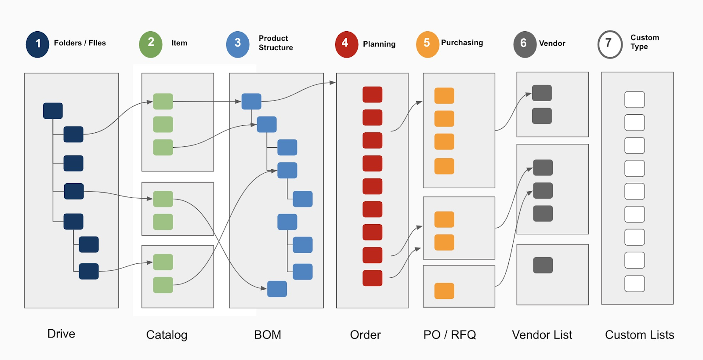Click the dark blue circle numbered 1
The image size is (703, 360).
pos(37,44)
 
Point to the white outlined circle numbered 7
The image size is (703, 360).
pos(610,44)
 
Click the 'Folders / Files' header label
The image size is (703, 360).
pos(80,43)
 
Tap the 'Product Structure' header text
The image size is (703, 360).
pos(275,43)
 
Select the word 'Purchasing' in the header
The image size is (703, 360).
pos(462,43)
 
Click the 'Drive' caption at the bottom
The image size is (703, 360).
pos(61,334)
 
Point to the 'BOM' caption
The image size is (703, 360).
pos(268,335)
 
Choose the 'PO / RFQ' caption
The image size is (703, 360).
pos(449,335)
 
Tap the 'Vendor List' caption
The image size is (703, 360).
pos(542,335)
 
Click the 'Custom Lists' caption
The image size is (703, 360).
pos(639,335)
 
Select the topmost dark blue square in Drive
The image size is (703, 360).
pos(53,111)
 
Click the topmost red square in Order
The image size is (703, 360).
pos(372,95)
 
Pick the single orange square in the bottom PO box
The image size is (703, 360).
pos(444,291)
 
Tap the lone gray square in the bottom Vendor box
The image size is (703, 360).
pos(543,265)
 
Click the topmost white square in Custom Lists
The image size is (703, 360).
pos(634,100)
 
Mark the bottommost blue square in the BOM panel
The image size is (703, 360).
pos(277,289)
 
